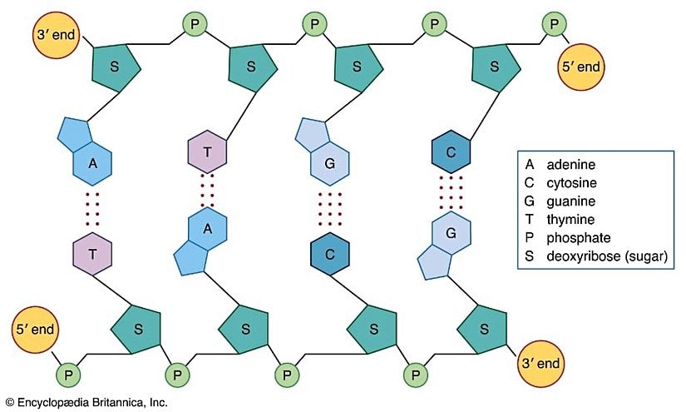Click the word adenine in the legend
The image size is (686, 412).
pos(570,164)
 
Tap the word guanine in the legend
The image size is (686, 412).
pos(571,201)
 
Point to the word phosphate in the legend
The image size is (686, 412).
pos(577,239)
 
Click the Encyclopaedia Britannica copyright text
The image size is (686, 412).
pos(87,402)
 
